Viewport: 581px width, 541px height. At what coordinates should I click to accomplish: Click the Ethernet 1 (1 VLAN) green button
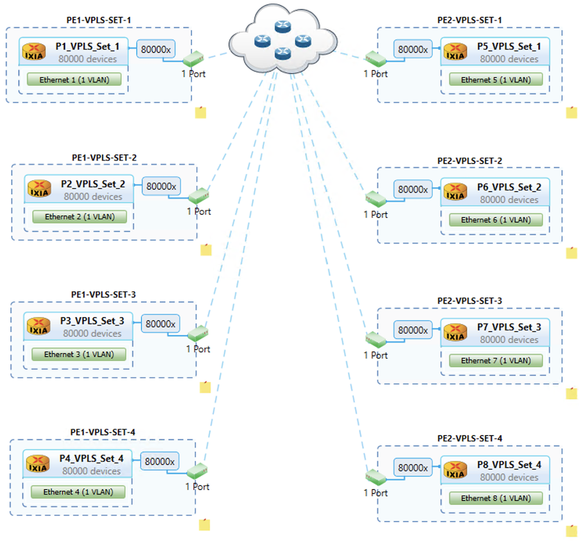click(x=74, y=79)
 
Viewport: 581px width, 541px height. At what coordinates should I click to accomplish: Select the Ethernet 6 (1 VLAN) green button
click(x=496, y=220)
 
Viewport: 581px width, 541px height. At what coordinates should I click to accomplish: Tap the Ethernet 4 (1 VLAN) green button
click(x=77, y=492)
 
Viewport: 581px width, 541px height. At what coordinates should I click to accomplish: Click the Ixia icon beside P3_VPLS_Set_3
click(x=39, y=327)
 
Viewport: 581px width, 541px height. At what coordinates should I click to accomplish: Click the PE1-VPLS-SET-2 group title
click(x=104, y=157)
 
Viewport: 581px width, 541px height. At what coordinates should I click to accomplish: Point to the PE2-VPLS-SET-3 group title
click(x=469, y=300)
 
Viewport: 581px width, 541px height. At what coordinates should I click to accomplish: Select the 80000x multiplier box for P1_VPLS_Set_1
click(x=156, y=49)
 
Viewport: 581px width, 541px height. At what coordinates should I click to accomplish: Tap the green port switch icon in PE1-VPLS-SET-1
click(x=194, y=59)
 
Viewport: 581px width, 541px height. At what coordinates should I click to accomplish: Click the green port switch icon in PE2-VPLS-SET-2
click(x=375, y=199)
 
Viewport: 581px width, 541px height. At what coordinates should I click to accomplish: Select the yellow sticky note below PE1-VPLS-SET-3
click(x=205, y=387)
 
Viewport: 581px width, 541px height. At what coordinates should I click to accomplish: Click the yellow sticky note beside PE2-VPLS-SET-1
click(x=572, y=112)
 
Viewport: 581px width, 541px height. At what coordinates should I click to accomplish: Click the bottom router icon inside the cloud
click(x=282, y=53)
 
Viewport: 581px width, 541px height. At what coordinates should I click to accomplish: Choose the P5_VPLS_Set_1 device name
click(x=509, y=46)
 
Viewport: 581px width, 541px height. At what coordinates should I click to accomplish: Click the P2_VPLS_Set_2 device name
click(x=93, y=184)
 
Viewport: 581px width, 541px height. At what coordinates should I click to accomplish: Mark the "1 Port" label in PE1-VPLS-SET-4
click(x=197, y=486)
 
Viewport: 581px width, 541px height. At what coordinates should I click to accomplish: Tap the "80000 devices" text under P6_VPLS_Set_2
click(x=509, y=199)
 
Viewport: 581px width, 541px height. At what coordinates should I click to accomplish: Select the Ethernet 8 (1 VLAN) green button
click(x=496, y=498)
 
